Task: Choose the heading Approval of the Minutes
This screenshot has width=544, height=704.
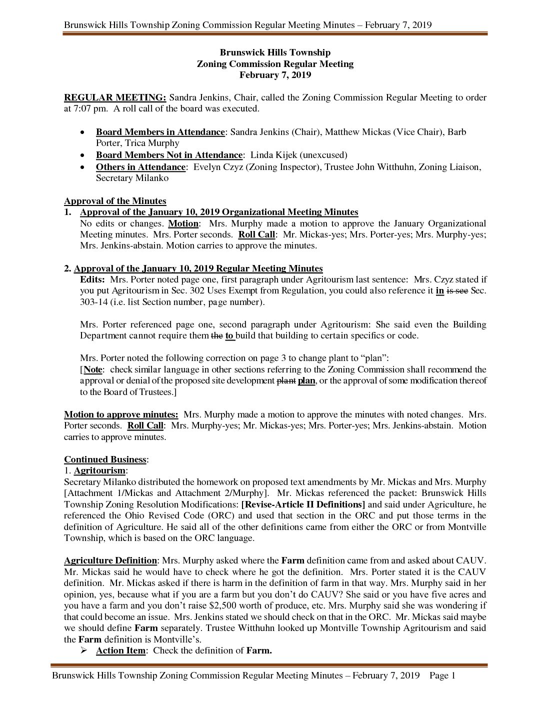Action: [x=115, y=201]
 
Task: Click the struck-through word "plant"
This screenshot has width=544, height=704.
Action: [x=286, y=381]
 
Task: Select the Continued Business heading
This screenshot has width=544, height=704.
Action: [x=105, y=459]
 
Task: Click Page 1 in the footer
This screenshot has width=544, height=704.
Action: [x=442, y=676]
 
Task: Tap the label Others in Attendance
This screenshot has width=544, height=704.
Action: [x=140, y=167]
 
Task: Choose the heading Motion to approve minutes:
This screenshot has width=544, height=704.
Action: [x=121, y=414]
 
